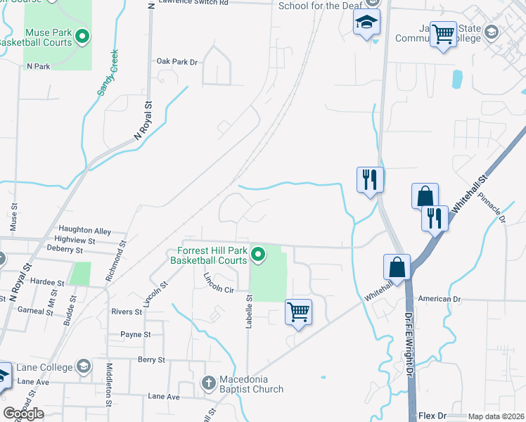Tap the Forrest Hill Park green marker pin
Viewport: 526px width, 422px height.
pyautogui.click(x=259, y=255)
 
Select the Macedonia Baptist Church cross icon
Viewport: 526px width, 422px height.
pyautogui.click(x=208, y=383)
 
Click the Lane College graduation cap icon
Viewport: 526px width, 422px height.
pyautogui.click(x=83, y=367)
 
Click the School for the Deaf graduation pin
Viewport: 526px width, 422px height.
pyautogui.click(x=366, y=24)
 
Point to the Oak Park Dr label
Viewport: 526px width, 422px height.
pyautogui.click(x=177, y=62)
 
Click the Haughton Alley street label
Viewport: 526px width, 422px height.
pyautogui.click(x=85, y=230)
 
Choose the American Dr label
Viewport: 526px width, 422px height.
pyautogui.click(x=439, y=299)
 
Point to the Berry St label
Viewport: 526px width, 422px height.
pyautogui.click(x=150, y=359)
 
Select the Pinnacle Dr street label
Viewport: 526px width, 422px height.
pyautogui.click(x=492, y=209)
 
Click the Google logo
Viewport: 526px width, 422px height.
pyautogui.click(x=23, y=414)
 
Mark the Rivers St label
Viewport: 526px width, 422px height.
pyautogui.click(x=127, y=312)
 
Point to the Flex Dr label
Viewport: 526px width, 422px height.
pyautogui.click(x=432, y=416)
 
